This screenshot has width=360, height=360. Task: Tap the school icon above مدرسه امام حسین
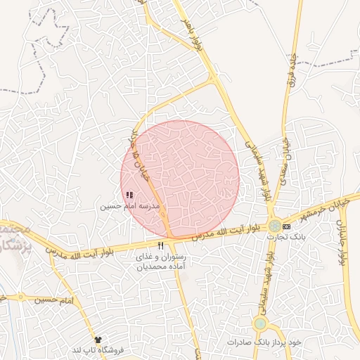click(x=129, y=194)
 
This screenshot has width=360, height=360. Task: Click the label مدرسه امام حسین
click(x=130, y=206)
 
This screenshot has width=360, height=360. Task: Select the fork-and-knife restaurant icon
click(x=161, y=245)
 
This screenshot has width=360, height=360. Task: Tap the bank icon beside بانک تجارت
click(x=286, y=226)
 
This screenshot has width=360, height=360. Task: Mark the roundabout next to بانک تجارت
click(x=273, y=226)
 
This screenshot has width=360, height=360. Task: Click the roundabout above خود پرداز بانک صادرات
click(x=260, y=323)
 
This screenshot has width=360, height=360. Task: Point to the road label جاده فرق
click(x=289, y=67)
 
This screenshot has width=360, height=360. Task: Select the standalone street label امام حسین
click(x=56, y=300)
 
